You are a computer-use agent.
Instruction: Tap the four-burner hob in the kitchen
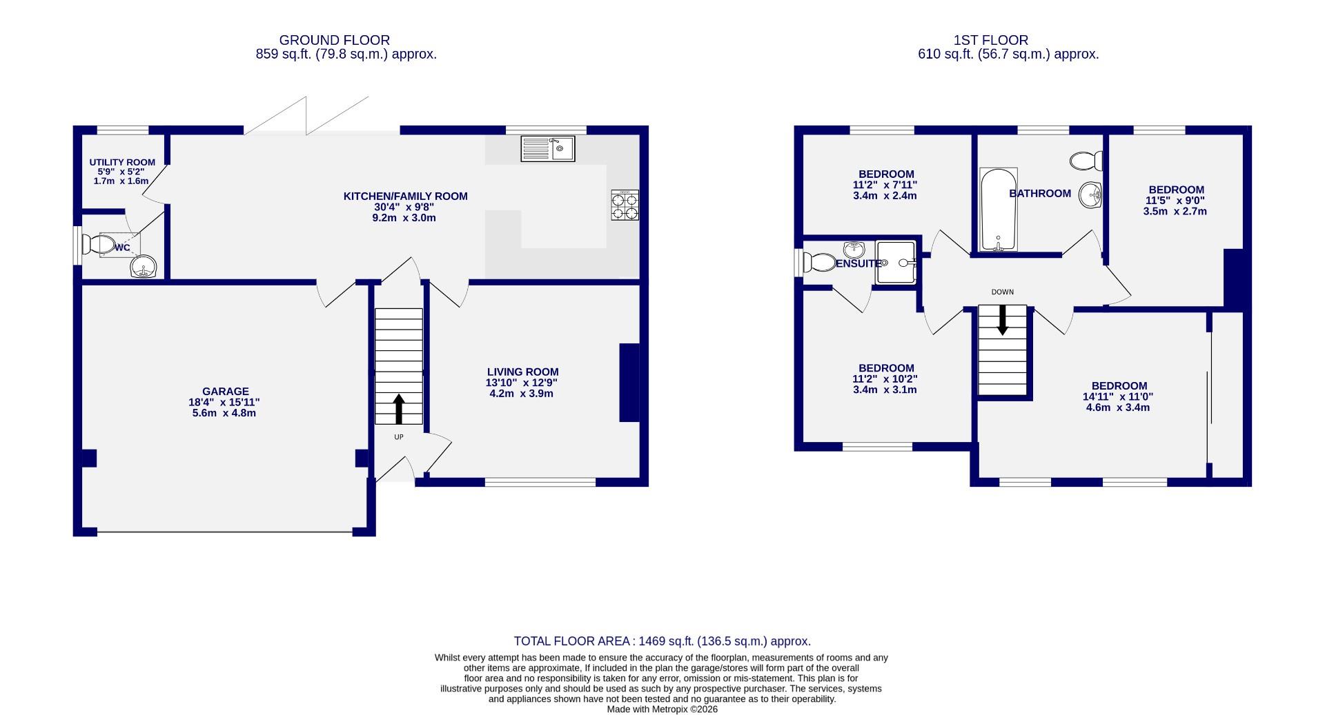(625, 205)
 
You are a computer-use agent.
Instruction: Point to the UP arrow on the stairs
(399, 408)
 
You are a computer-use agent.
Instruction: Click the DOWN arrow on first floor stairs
(1002, 321)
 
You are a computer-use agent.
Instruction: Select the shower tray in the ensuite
(896, 262)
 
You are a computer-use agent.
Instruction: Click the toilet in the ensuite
(818, 262)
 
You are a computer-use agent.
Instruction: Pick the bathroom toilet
(1085, 161)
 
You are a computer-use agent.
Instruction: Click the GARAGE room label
(225, 392)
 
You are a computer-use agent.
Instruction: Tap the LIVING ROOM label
(522, 372)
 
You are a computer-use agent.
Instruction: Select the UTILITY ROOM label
(122, 163)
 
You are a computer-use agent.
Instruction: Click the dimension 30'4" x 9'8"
(405, 207)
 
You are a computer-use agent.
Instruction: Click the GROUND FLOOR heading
(334, 41)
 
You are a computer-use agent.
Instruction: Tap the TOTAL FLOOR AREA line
(662, 641)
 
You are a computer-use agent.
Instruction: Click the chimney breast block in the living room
(629, 382)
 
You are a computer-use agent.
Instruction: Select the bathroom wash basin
(1090, 194)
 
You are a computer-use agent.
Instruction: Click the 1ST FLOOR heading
(990, 41)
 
